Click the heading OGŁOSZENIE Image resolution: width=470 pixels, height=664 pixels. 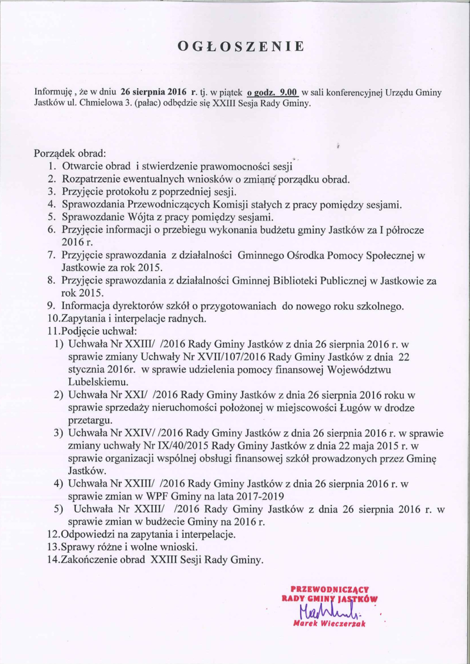pyautogui.click(x=241, y=46)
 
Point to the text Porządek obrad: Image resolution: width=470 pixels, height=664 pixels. pyautogui.click(x=70, y=154)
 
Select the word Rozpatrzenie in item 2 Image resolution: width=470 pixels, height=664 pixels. pyautogui.click(x=92, y=178)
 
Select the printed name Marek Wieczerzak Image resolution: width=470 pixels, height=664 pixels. pyautogui.click(x=329, y=623)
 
